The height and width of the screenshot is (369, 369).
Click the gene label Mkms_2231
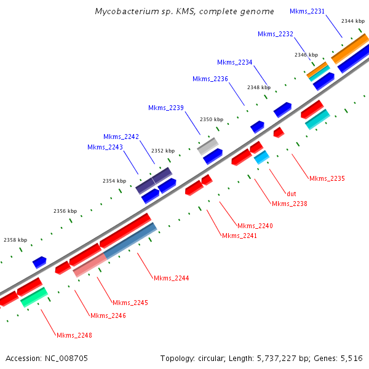(307, 11)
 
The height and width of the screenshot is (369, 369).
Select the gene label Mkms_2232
(275, 34)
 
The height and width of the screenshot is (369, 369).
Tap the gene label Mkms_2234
(234, 62)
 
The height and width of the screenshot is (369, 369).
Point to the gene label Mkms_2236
(210, 79)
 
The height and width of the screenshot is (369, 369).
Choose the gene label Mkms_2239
(165, 108)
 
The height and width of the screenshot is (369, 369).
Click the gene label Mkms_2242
(121, 137)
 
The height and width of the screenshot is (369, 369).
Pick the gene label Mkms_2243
(105, 147)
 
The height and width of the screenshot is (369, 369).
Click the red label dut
(292, 194)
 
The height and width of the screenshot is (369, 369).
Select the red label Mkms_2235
(327, 178)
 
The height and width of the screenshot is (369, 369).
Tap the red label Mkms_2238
(289, 204)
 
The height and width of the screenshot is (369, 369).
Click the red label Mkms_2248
(74, 335)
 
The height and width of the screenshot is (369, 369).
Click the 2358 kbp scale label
(15, 240)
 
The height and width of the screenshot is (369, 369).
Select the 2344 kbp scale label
(352, 21)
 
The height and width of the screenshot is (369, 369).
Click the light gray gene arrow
(208, 146)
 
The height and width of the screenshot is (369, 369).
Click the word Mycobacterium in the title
(123, 11)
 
